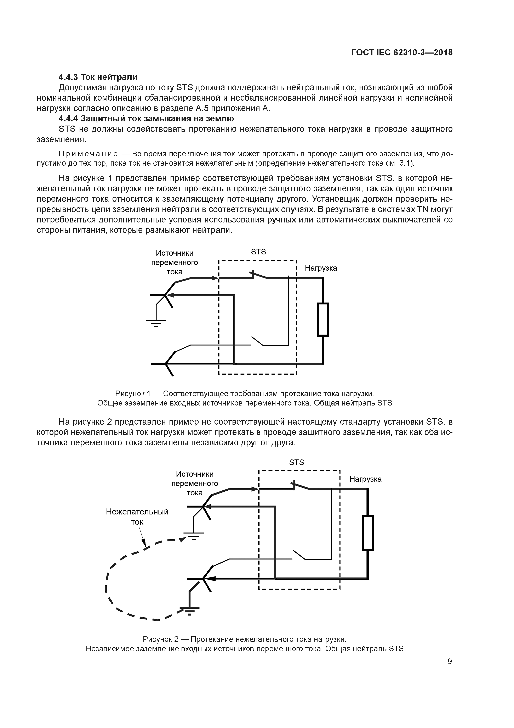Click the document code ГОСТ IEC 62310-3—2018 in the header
[402, 53]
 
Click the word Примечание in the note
[88, 154]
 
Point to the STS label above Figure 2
[296, 462]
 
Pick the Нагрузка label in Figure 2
[365, 479]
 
